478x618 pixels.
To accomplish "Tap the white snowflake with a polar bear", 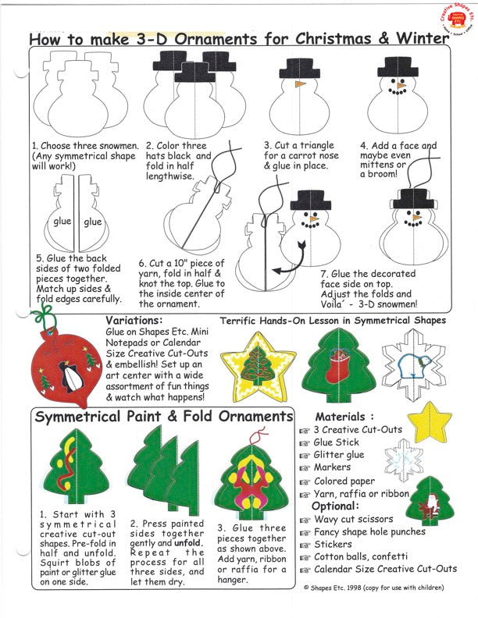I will [407, 364].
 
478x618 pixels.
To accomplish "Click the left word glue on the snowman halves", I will [63, 222].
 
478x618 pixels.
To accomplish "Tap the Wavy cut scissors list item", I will [353, 519].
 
